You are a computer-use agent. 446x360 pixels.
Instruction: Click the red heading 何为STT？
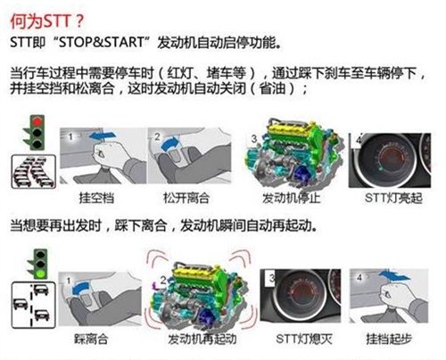pos(47,21)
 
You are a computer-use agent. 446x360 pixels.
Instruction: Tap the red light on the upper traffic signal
pos(37,121)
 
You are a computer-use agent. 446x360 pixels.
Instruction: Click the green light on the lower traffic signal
pos(40,274)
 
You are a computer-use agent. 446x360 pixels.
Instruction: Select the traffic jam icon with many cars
pos(34,172)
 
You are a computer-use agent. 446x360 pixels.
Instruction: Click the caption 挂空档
pos(96,198)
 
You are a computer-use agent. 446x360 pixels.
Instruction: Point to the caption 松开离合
pos(186,198)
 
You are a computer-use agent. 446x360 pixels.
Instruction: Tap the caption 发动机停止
pos(291,198)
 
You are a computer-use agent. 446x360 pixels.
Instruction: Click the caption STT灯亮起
pos(393,198)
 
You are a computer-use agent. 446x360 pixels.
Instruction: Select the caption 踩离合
pos(91,339)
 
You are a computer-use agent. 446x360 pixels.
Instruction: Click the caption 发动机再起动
pos(202,339)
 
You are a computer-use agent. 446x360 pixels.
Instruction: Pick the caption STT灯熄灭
pos(304,339)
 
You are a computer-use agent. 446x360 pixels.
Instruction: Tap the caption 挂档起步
pos(389,339)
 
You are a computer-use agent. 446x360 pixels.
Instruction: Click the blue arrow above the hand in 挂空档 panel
pos(103,135)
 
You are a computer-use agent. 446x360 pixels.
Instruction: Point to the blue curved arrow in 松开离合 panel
pos(169,142)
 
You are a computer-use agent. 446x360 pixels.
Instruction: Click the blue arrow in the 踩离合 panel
pos(80,288)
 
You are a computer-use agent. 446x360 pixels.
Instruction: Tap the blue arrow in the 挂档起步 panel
pos(394,275)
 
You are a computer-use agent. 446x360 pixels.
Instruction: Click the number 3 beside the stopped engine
pos(253,138)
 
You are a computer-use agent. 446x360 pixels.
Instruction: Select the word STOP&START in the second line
pos(102,43)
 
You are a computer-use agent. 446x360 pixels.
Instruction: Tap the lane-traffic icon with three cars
pos(34,305)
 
